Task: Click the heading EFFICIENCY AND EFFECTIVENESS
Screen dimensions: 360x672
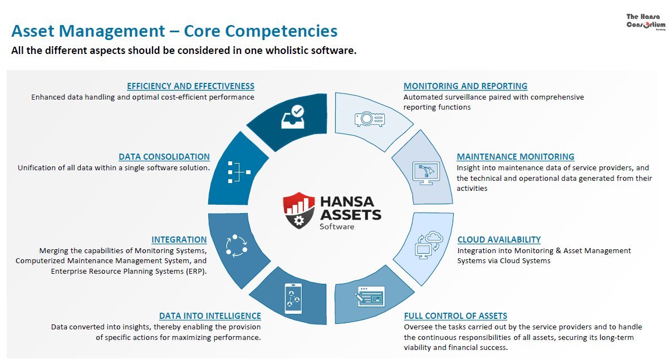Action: tap(190, 86)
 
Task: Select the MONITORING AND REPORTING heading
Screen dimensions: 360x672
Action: tap(465, 86)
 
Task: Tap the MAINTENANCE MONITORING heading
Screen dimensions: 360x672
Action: tap(516, 157)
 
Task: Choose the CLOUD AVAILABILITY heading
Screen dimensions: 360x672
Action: tap(499, 240)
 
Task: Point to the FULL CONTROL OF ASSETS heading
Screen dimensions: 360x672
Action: tap(455, 316)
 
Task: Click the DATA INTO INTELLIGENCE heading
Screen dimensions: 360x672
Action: tap(210, 316)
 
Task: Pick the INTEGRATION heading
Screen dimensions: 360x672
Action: tap(179, 240)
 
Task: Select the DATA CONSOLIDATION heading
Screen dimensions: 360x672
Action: tap(164, 157)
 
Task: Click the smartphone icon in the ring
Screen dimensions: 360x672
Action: tap(293, 299)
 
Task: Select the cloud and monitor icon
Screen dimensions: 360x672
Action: tap(428, 245)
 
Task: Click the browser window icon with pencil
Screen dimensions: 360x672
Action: tap(370, 297)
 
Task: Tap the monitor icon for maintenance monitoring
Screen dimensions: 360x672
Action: tap(426, 172)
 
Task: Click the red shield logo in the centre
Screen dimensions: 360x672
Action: tap(299, 210)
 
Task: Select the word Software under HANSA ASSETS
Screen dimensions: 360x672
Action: tap(337, 226)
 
